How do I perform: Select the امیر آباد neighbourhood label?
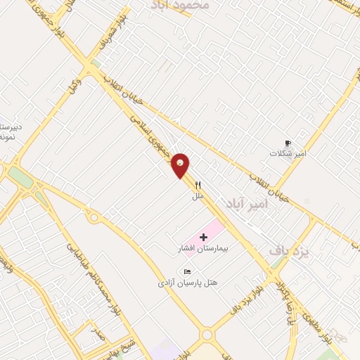(247, 203)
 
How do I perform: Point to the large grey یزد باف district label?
(289, 250)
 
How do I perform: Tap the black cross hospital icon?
(204, 238)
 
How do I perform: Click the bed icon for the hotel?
(186, 271)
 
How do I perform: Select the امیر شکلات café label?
(287, 153)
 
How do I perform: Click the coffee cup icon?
(287, 142)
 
